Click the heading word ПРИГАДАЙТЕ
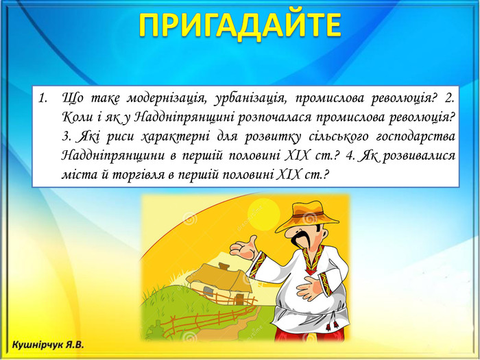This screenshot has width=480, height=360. pos(240,25)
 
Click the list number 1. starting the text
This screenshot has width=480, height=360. pos(43,98)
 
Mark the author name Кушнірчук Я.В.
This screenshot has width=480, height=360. pos(48,345)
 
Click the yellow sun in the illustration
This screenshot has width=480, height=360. pos(263,214)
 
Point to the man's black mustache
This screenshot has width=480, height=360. pos(301,239)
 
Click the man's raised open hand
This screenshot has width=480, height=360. pos(244,248)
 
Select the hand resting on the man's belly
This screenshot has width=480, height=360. pos(310,288)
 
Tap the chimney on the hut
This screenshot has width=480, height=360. pos(224,266)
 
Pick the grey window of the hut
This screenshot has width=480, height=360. pos(208,291)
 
